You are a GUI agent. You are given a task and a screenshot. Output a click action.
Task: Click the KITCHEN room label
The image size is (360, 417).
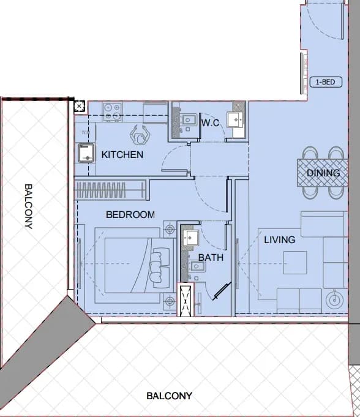pos(122,154)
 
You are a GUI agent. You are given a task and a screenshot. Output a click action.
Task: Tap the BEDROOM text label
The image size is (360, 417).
pos(130,214)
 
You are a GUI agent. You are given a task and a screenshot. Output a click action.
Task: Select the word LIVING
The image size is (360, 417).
pos(279,240)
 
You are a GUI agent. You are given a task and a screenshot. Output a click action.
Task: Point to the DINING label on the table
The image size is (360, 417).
pos(323,173)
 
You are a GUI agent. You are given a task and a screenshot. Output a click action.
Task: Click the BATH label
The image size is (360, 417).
pos(211,257)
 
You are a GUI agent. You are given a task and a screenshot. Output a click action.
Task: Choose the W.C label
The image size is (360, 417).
pos(211,122)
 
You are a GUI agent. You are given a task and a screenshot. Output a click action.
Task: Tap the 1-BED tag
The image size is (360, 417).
pos(326,82)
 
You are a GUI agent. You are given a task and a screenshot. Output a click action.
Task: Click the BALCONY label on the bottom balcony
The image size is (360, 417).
pos(169,396)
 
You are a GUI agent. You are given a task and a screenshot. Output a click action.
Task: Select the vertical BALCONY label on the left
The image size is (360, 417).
pos(28,206)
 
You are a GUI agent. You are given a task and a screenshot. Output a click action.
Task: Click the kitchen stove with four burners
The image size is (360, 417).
pos(113,112)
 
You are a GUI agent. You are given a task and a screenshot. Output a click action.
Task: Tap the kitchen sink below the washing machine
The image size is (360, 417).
pos(86,153)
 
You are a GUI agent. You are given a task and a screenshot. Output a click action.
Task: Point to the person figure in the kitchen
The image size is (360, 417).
pos(140,135)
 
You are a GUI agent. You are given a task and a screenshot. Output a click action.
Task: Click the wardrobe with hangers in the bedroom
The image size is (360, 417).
pos(110,190)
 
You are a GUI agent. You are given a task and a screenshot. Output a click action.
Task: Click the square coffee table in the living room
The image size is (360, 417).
pos(295,263)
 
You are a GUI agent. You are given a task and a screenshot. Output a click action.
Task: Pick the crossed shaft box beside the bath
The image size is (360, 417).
pos(186,299)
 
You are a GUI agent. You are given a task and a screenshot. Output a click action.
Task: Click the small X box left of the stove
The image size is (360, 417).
pos(79,107)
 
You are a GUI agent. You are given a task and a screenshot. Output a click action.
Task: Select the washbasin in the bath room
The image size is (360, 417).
pos(191,238)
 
